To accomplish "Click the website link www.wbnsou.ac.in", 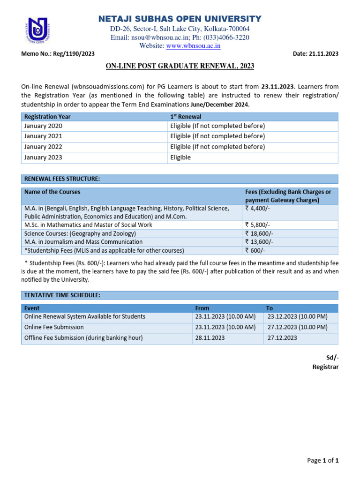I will (194, 45).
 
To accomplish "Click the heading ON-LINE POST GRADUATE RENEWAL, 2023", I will (180, 66).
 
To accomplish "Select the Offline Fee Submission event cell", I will (83, 337).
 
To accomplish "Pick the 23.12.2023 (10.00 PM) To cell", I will (297, 316).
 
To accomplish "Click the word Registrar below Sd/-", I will (325, 367).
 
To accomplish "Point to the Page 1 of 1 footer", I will (322, 460).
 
